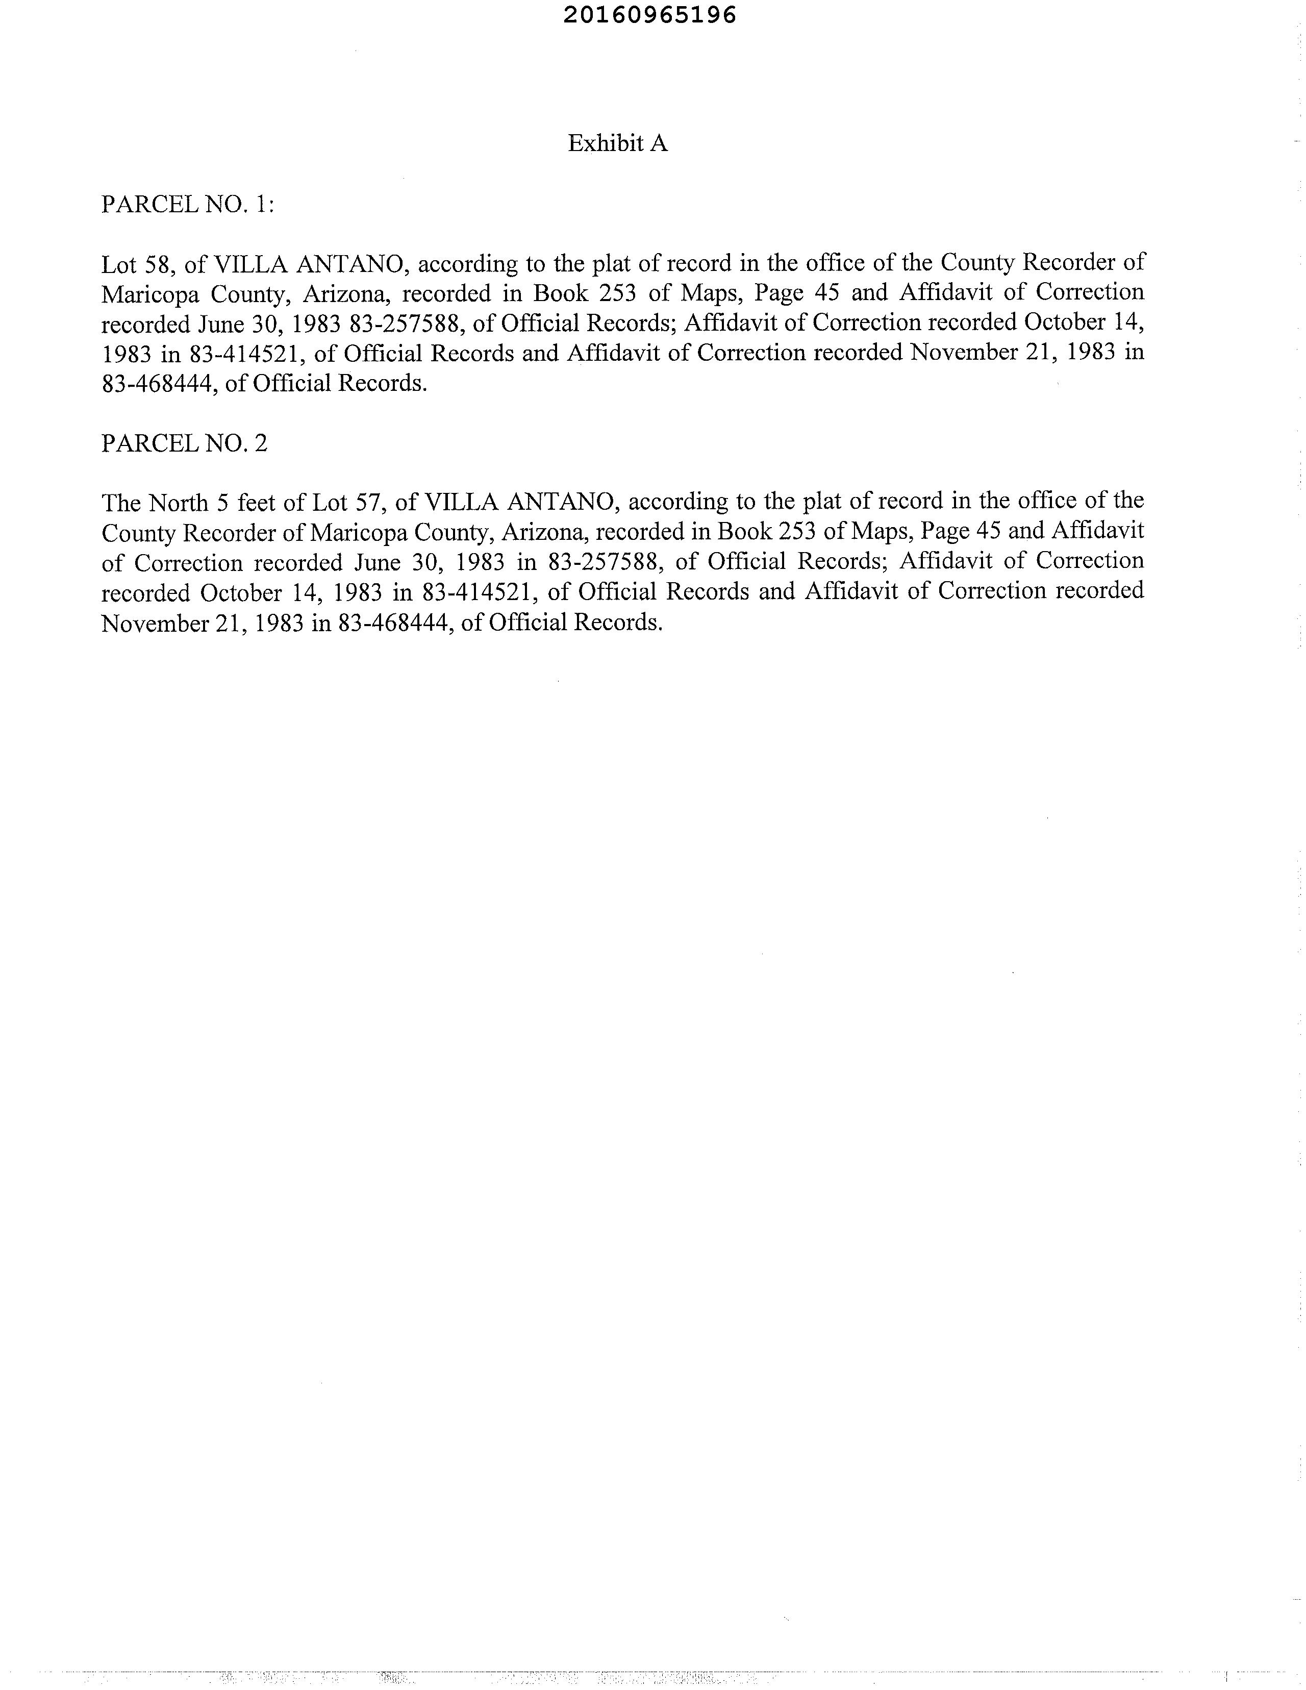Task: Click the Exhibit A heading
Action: (x=617, y=143)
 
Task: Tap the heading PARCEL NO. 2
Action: (x=184, y=443)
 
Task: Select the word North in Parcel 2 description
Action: (x=178, y=503)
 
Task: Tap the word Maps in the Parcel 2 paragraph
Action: (x=882, y=532)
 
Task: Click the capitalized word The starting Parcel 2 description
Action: (x=121, y=503)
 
